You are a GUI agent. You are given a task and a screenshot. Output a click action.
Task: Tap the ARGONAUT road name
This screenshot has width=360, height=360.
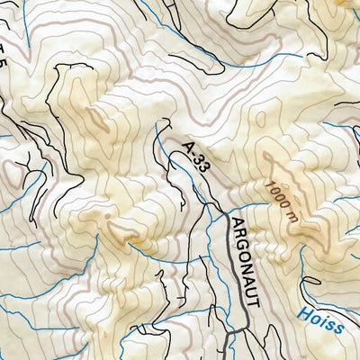tap(244, 261)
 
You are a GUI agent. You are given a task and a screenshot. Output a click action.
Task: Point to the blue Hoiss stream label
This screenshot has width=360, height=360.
tap(320, 320)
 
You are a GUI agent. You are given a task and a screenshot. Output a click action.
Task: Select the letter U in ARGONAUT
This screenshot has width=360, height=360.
tap(251, 292)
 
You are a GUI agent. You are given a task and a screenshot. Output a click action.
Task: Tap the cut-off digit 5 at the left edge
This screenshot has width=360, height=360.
tap(4, 67)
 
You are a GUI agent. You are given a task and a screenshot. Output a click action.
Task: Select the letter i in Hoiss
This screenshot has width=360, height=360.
tap(322, 320)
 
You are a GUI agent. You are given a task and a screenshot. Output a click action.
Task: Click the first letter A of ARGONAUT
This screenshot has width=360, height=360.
tap(236, 223)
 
